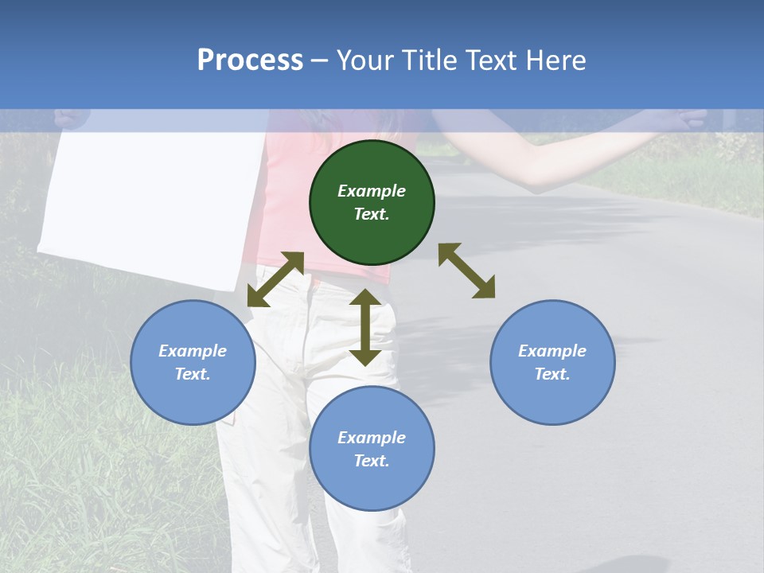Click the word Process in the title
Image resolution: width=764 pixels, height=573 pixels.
pos(250,60)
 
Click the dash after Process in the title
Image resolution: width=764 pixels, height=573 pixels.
pos(320,61)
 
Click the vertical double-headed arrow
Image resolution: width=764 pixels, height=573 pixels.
pos(365,326)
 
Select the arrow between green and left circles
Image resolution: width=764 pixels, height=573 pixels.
pos(275,279)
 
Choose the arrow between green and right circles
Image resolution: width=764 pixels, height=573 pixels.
pos(466,271)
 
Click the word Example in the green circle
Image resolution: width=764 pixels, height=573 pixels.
pos(372,191)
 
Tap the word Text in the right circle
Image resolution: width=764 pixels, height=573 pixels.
pos(552,374)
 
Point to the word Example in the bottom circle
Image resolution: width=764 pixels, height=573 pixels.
pos(372,438)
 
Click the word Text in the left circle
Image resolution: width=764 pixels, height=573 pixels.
pos(193,374)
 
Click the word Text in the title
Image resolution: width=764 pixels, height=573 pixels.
pos(491,60)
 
